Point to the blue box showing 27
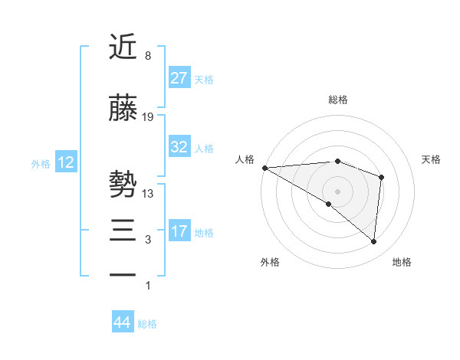point(179,78)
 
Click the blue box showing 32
point(179,148)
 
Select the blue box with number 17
point(179,231)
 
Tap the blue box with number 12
point(65,162)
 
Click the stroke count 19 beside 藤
point(148,116)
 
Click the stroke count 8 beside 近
point(147,55)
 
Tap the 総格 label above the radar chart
point(337,100)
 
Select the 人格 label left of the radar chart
point(245,159)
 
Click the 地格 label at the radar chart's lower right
point(402,262)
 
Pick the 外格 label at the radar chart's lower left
point(270,262)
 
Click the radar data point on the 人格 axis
point(264,167)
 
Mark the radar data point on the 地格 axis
point(373,241)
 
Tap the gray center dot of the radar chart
point(337,191)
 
